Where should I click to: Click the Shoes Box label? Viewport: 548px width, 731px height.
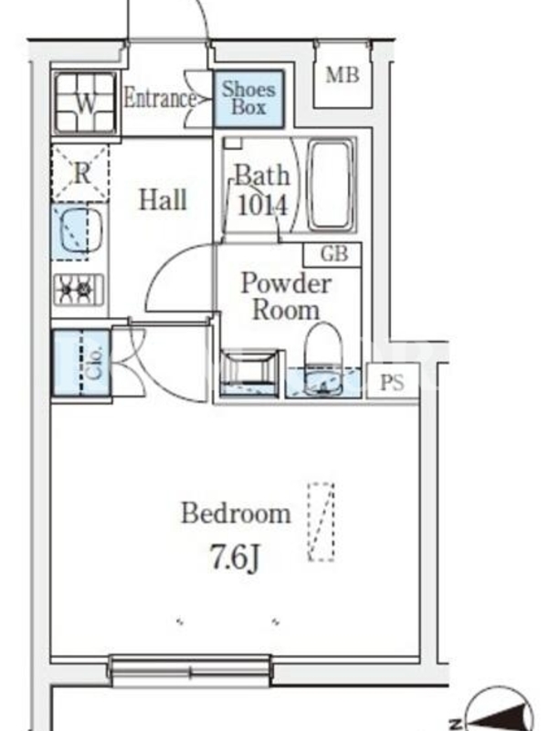[248, 99]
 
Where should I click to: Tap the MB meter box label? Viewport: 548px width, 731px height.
[342, 75]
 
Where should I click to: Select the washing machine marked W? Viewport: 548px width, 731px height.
[84, 103]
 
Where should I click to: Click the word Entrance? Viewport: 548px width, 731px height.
[160, 99]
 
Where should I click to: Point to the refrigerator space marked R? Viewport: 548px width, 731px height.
[80, 174]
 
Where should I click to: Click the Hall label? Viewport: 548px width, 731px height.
[163, 199]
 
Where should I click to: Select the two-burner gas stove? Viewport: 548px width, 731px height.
[79, 290]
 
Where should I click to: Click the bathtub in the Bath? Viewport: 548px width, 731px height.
[331, 185]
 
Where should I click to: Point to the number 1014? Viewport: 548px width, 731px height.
[263, 205]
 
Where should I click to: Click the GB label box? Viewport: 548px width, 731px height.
[332, 254]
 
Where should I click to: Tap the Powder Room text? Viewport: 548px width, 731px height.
[286, 296]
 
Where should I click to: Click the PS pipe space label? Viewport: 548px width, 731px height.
[392, 382]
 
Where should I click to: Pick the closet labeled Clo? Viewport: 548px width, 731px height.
[81, 363]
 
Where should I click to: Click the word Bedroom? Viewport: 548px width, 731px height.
[236, 514]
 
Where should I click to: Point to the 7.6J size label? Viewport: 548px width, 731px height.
[235, 557]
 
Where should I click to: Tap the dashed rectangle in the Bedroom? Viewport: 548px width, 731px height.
[321, 522]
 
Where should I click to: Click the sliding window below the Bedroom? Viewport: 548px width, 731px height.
[190, 671]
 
